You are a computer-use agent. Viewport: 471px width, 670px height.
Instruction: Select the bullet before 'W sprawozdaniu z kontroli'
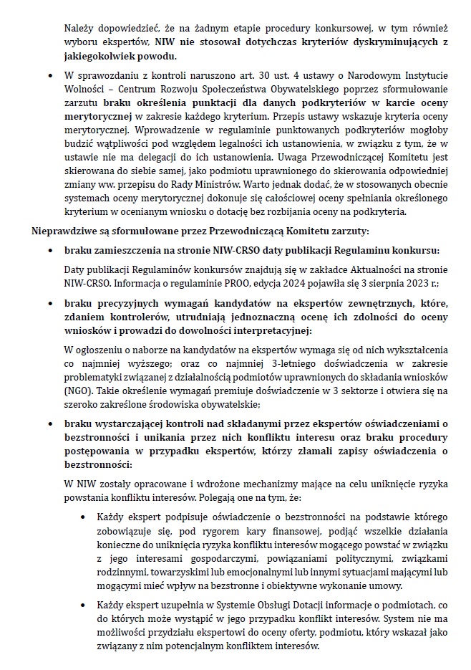[49, 75]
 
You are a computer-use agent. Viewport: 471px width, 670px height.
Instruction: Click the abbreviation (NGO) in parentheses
[77, 393]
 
